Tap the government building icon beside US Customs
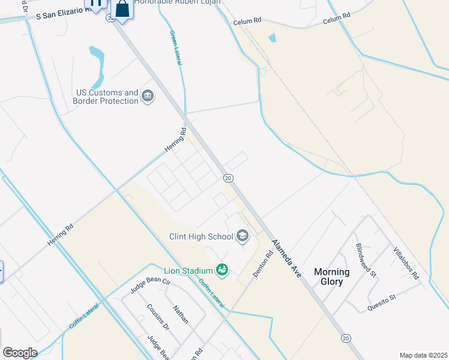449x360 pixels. (147, 95)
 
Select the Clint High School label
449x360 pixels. (201, 236)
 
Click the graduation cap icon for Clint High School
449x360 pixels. (243, 236)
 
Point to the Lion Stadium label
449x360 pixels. (189, 269)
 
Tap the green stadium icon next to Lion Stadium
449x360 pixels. (222, 270)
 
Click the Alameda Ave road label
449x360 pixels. (286, 257)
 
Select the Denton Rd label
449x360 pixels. (263, 263)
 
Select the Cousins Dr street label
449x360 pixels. (158, 317)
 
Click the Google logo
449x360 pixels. (20, 353)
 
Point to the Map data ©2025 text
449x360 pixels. (423, 355)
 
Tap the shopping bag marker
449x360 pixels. (122, 10)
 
